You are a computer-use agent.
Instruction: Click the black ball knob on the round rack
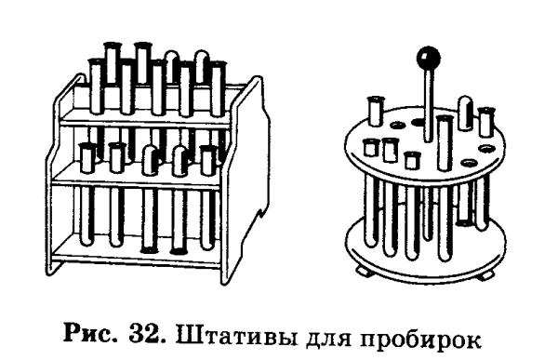429,59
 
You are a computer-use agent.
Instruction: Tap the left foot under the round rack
365,270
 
